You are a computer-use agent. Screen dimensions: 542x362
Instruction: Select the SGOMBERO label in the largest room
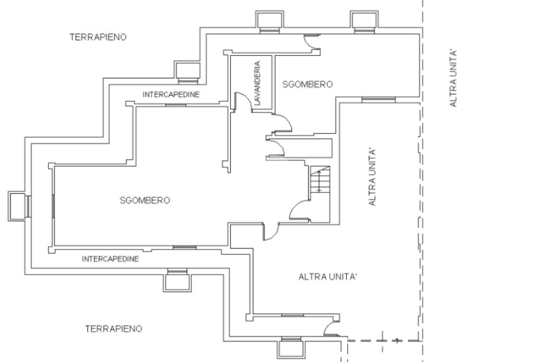[145, 200]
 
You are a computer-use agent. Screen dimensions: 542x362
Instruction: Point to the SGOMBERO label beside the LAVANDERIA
[308, 84]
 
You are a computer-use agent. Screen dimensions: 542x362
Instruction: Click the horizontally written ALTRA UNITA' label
[327, 277]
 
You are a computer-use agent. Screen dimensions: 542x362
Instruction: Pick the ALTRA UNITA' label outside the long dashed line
[453, 78]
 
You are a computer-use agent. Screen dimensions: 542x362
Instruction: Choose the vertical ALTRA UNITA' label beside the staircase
[372, 178]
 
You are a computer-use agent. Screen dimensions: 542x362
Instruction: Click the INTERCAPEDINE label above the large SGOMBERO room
[171, 94]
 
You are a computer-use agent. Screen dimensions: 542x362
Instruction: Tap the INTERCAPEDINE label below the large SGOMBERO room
[110, 259]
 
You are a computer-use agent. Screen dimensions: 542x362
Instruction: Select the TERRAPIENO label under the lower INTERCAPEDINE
[114, 329]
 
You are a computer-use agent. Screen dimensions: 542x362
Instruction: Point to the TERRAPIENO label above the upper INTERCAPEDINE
[98, 37]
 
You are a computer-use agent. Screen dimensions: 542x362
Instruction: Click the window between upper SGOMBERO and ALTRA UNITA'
[378, 100]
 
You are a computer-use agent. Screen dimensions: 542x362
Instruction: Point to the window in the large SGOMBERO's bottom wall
[185, 247]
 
